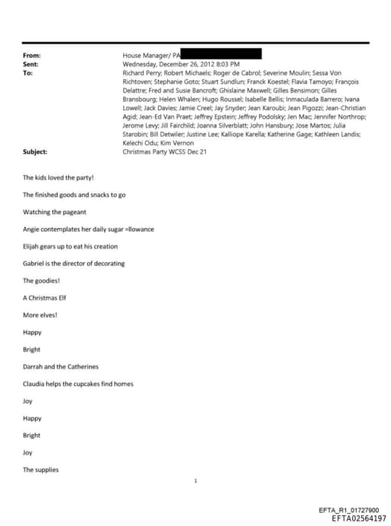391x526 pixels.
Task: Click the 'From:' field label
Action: click(x=31, y=56)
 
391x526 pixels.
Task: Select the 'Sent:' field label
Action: click(x=31, y=65)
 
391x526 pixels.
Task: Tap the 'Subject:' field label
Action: click(x=35, y=152)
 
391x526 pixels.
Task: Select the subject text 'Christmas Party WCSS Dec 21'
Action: click(x=164, y=152)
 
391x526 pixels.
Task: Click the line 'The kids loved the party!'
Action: click(x=58, y=177)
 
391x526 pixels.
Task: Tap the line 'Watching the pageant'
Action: click(x=54, y=212)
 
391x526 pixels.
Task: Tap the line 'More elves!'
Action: click(x=40, y=315)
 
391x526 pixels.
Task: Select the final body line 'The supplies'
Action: click(x=40, y=469)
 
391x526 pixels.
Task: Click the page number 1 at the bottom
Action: click(x=196, y=481)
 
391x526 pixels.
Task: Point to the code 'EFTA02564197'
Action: click(x=359, y=518)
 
